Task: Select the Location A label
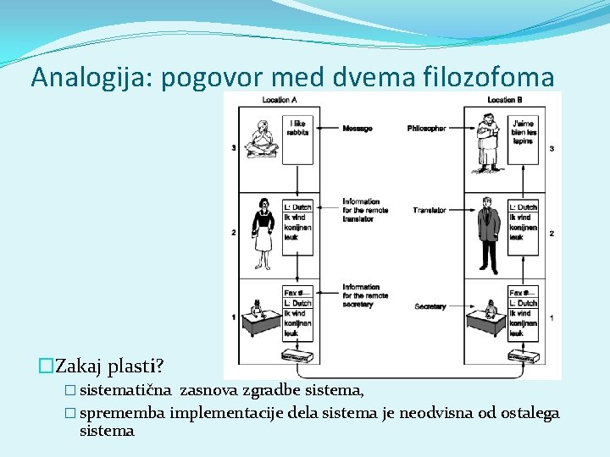[280, 100]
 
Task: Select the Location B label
[505, 100]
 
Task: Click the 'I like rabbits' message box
[297, 135]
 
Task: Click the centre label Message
[357, 129]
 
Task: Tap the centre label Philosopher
[426, 129]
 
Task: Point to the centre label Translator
[430, 210]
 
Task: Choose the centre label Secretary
[430, 306]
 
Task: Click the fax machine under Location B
[523, 355]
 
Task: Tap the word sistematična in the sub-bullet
[127, 390]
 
